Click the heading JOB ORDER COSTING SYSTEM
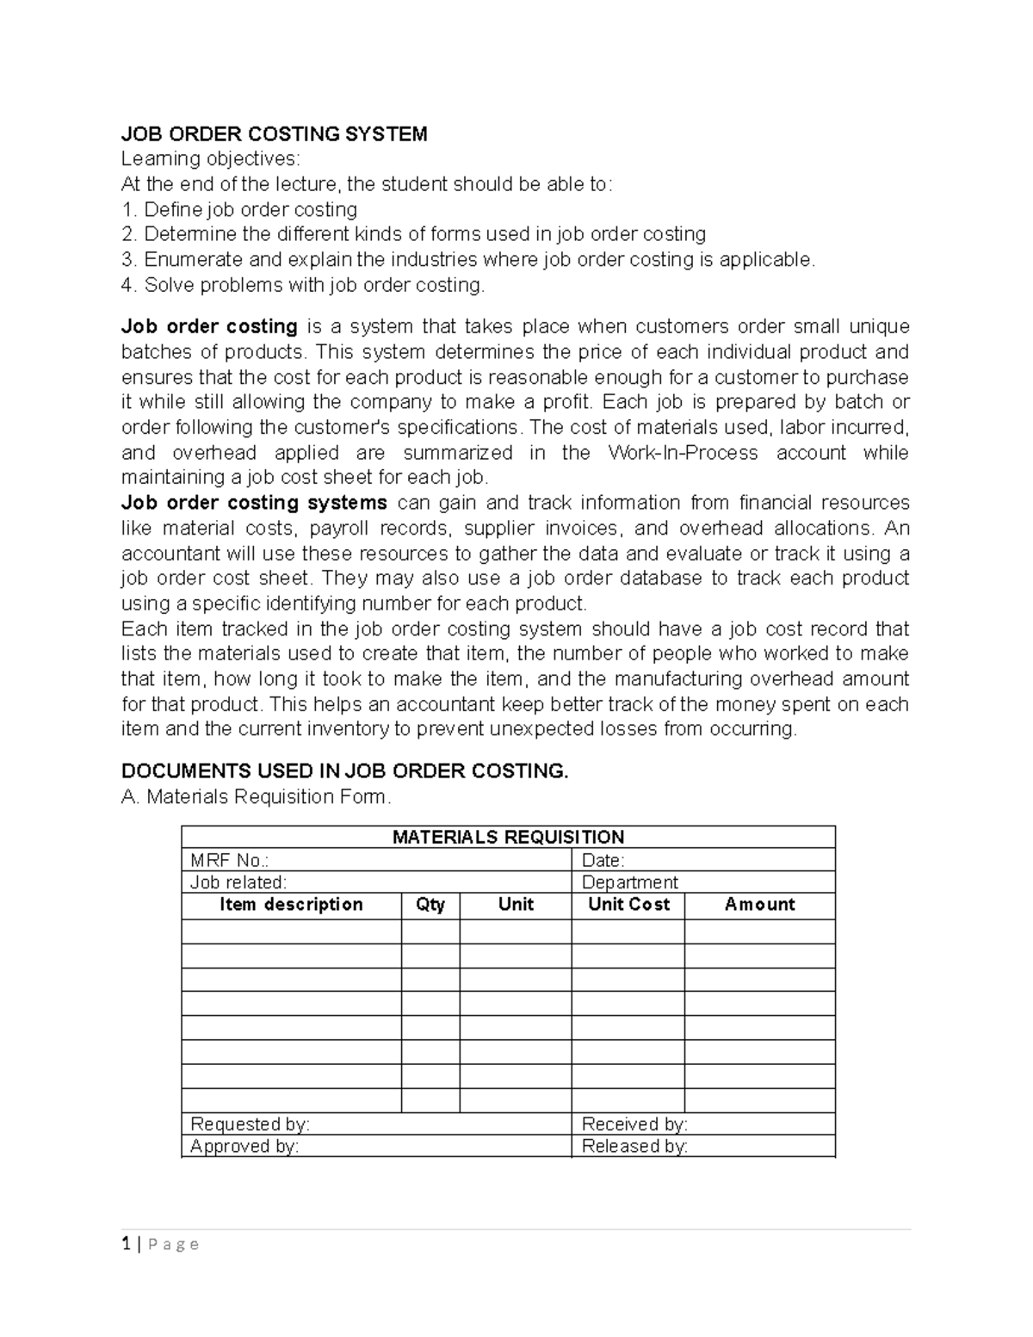274,133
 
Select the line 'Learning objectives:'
212,159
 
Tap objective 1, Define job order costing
239,209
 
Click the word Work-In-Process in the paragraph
683,453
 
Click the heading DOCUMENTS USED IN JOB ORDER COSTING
344,771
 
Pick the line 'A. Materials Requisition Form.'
257,797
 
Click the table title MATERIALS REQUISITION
508,837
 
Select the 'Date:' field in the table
603,860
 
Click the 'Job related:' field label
238,882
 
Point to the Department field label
630,882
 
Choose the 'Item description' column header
291,905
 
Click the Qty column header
430,905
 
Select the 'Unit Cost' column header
628,905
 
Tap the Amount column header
759,905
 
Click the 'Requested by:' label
250,1124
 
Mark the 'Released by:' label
634,1147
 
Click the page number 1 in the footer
126,1244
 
